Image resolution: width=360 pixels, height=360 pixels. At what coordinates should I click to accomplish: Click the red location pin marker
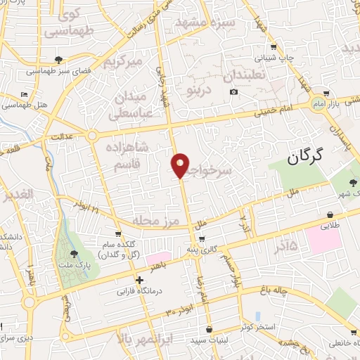click(x=181, y=166)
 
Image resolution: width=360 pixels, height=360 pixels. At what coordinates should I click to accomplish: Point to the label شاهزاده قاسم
click(x=127, y=155)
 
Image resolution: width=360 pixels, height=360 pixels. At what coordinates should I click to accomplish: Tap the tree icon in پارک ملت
click(x=75, y=253)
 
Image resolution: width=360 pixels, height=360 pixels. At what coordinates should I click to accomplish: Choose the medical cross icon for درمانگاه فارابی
click(x=140, y=280)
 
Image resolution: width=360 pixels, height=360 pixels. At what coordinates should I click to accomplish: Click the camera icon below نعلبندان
click(x=233, y=92)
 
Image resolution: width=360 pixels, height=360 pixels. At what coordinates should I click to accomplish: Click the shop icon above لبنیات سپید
click(x=209, y=329)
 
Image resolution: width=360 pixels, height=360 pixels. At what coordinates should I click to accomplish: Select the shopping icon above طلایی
click(x=330, y=215)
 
